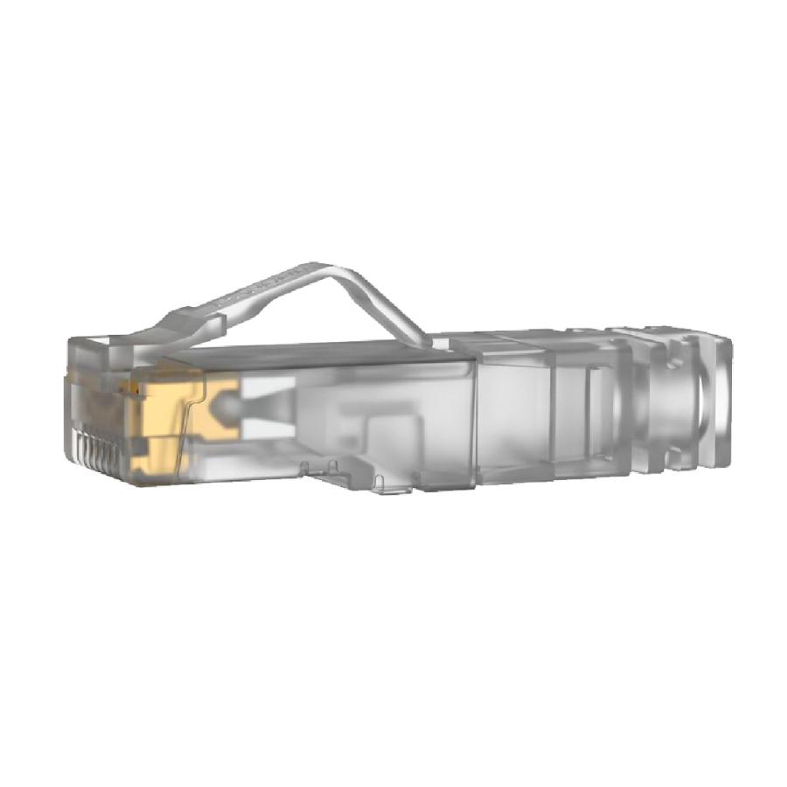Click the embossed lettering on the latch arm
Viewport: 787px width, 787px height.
(254, 289)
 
